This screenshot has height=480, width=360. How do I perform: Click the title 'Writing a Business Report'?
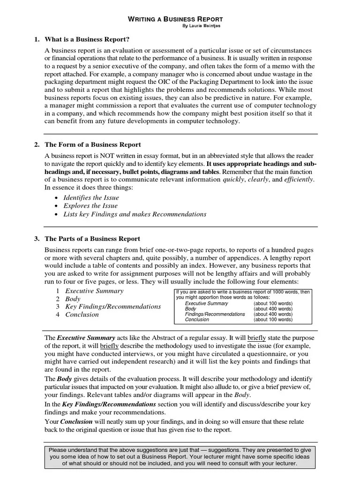click(176, 19)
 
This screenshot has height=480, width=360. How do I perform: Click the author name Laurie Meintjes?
click(201, 26)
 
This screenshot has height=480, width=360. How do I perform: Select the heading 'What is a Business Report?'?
click(87, 39)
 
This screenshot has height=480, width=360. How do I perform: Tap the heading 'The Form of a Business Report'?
click(92, 144)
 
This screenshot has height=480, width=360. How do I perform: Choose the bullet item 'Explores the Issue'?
click(90, 206)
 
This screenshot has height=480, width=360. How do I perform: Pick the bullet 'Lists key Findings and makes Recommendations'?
click(135, 214)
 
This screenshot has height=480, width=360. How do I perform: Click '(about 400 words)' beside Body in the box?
click(273, 309)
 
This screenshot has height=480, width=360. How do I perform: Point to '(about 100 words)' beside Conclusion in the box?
click(273, 320)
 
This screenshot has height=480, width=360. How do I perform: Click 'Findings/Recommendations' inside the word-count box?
click(215, 314)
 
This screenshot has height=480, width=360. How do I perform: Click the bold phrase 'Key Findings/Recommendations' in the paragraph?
click(106, 404)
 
